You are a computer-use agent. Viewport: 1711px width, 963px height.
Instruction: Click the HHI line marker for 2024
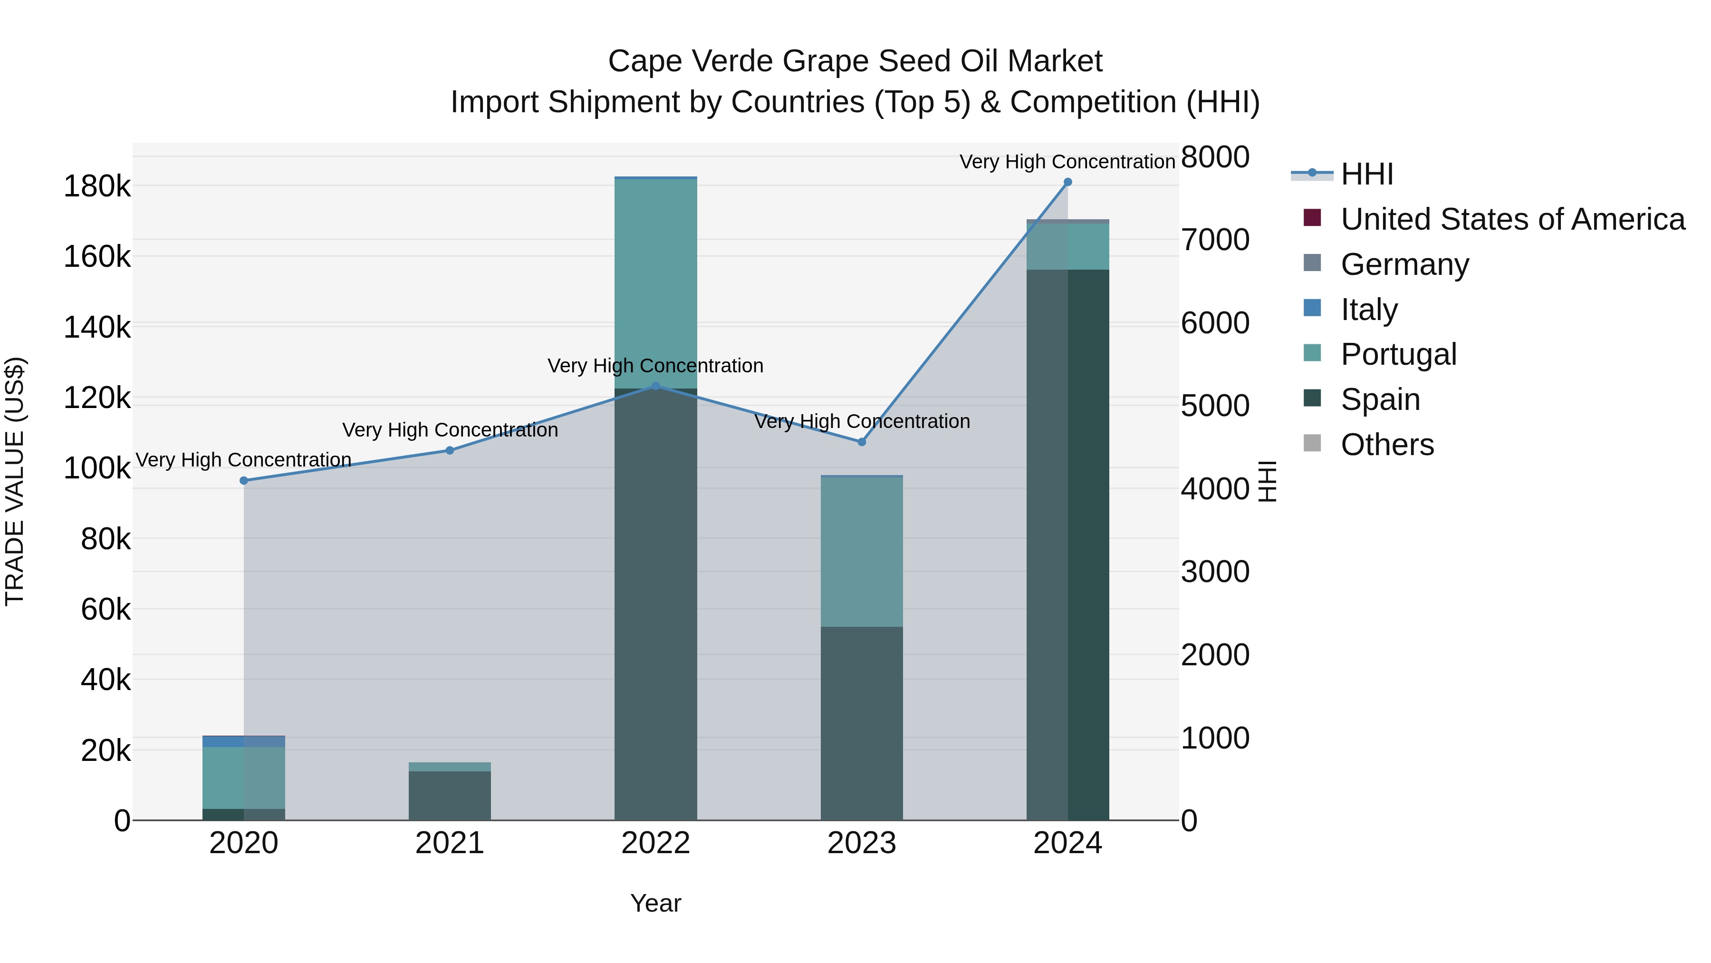(1067, 182)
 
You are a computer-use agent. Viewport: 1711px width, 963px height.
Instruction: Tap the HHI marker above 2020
(244, 480)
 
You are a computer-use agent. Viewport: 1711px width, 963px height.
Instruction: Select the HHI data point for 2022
(655, 386)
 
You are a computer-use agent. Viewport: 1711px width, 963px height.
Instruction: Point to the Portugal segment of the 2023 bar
(862, 552)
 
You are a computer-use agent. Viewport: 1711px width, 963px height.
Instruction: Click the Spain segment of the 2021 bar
(450, 796)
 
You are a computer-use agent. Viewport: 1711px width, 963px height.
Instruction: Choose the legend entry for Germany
(1404, 264)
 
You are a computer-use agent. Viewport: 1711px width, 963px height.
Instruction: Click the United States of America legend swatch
(1312, 218)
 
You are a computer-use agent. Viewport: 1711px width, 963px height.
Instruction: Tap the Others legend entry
(1387, 445)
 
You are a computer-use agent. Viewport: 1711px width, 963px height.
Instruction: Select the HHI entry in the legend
(1366, 174)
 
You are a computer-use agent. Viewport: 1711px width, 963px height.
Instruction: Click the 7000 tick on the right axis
(1215, 240)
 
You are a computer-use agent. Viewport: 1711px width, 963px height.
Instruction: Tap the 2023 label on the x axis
(862, 843)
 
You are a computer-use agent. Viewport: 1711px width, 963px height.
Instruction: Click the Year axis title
(655, 903)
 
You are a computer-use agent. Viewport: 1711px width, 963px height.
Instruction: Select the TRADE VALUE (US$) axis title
(15, 481)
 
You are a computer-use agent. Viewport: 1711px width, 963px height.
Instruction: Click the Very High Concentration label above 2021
(450, 430)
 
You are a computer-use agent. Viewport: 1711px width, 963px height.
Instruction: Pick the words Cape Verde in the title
(691, 61)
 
